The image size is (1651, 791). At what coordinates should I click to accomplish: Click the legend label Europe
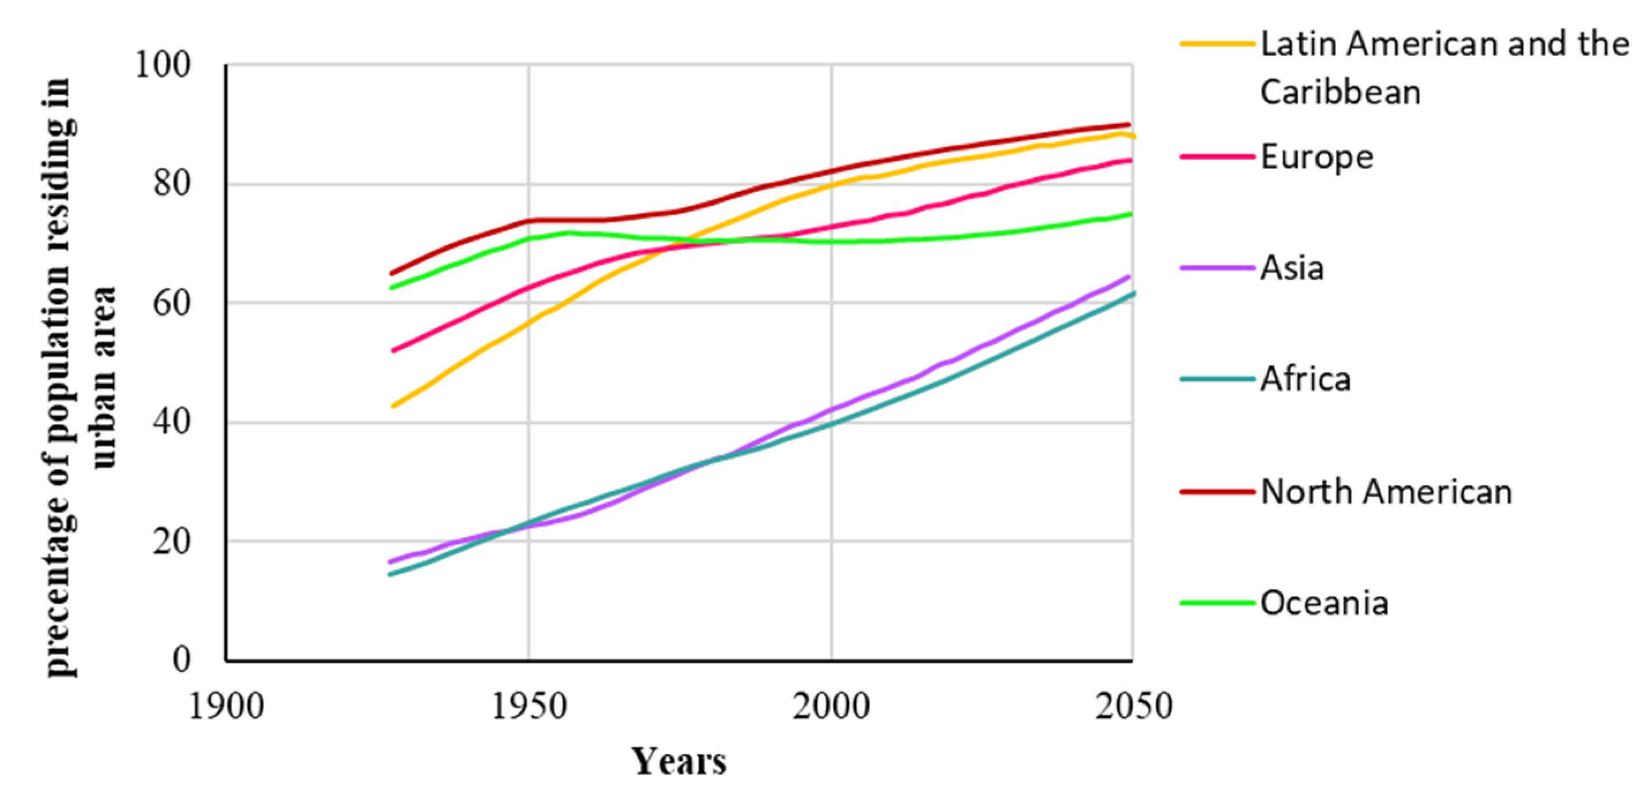point(1316,157)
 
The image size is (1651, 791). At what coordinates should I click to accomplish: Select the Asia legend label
point(1292,268)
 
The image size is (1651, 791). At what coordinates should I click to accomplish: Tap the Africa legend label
point(1305,380)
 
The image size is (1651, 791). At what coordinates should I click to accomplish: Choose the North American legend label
point(1386,492)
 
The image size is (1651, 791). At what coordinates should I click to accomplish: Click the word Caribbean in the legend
point(1340,92)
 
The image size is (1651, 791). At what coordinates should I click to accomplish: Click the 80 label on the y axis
point(172,184)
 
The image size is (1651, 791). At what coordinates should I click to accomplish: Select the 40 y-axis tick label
point(172,422)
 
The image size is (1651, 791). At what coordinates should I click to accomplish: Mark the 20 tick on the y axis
point(172,541)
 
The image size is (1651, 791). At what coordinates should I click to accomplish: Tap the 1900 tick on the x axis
point(226,707)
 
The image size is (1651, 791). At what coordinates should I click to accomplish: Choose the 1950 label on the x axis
point(529,707)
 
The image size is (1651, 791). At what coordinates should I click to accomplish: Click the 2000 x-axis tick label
point(831,707)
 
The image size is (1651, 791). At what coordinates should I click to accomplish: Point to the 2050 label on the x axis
point(1134,707)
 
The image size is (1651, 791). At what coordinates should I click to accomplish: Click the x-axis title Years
point(680,762)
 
